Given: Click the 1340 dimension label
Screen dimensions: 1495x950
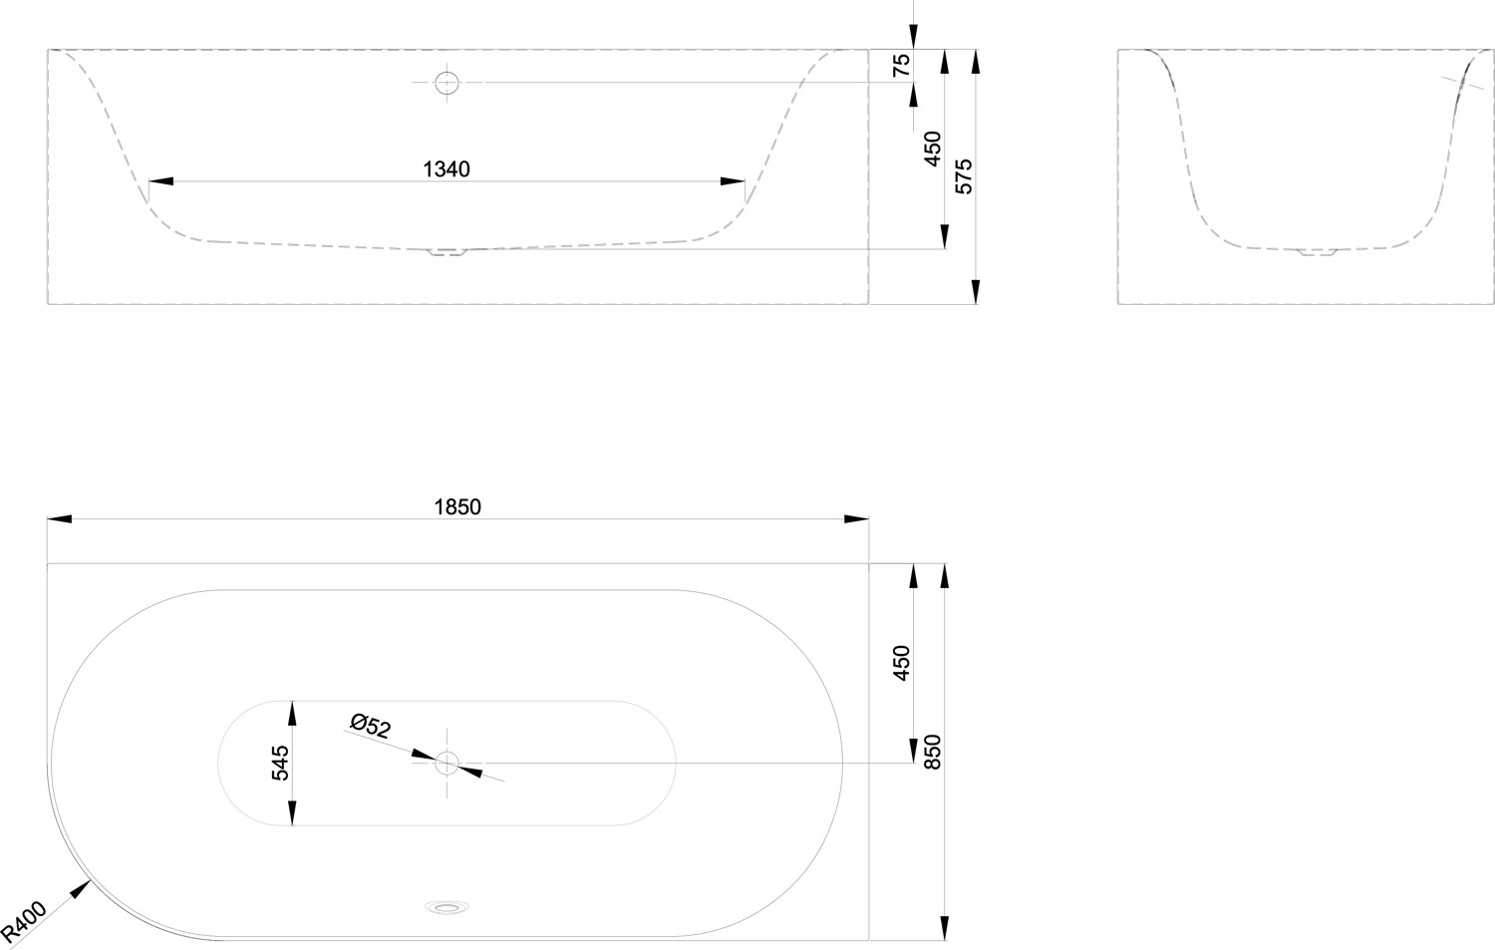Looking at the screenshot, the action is pyautogui.click(x=447, y=168).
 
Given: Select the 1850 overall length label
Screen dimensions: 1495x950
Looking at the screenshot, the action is pyautogui.click(x=457, y=507).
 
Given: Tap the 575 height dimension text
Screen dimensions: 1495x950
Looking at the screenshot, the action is pyautogui.click(x=965, y=176).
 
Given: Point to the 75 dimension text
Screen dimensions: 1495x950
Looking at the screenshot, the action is pyautogui.click(x=901, y=66).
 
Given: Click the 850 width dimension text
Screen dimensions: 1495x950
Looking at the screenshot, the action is pyautogui.click(x=932, y=752).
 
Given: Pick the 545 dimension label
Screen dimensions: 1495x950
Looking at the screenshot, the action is pyautogui.click(x=280, y=763).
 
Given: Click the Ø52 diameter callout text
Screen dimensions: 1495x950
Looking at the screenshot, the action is pyautogui.click(x=371, y=726).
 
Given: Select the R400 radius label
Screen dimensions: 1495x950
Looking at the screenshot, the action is pyautogui.click(x=23, y=920).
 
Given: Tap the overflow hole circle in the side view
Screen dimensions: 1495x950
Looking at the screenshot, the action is pyautogui.click(x=448, y=83).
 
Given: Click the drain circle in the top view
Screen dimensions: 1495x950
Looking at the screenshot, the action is pyautogui.click(x=448, y=763).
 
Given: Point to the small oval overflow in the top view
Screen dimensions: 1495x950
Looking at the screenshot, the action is pyautogui.click(x=448, y=906).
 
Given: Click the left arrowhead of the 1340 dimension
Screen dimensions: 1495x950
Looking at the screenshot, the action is pyautogui.click(x=160, y=180).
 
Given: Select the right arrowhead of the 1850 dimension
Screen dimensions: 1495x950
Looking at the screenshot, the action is pyautogui.click(x=856, y=518).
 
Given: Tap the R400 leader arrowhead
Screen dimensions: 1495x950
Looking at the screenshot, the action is pyautogui.click(x=81, y=889).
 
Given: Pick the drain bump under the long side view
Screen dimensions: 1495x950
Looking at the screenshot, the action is pyautogui.click(x=448, y=252).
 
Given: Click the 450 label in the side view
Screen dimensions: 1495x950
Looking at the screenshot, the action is pyautogui.click(x=932, y=149).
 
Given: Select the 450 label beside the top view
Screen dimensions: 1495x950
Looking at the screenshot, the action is pyautogui.click(x=901, y=663).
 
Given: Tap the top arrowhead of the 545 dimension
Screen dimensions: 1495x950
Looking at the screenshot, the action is pyautogui.click(x=292, y=714).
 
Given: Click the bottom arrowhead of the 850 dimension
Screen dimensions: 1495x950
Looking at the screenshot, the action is pyautogui.click(x=945, y=928).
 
